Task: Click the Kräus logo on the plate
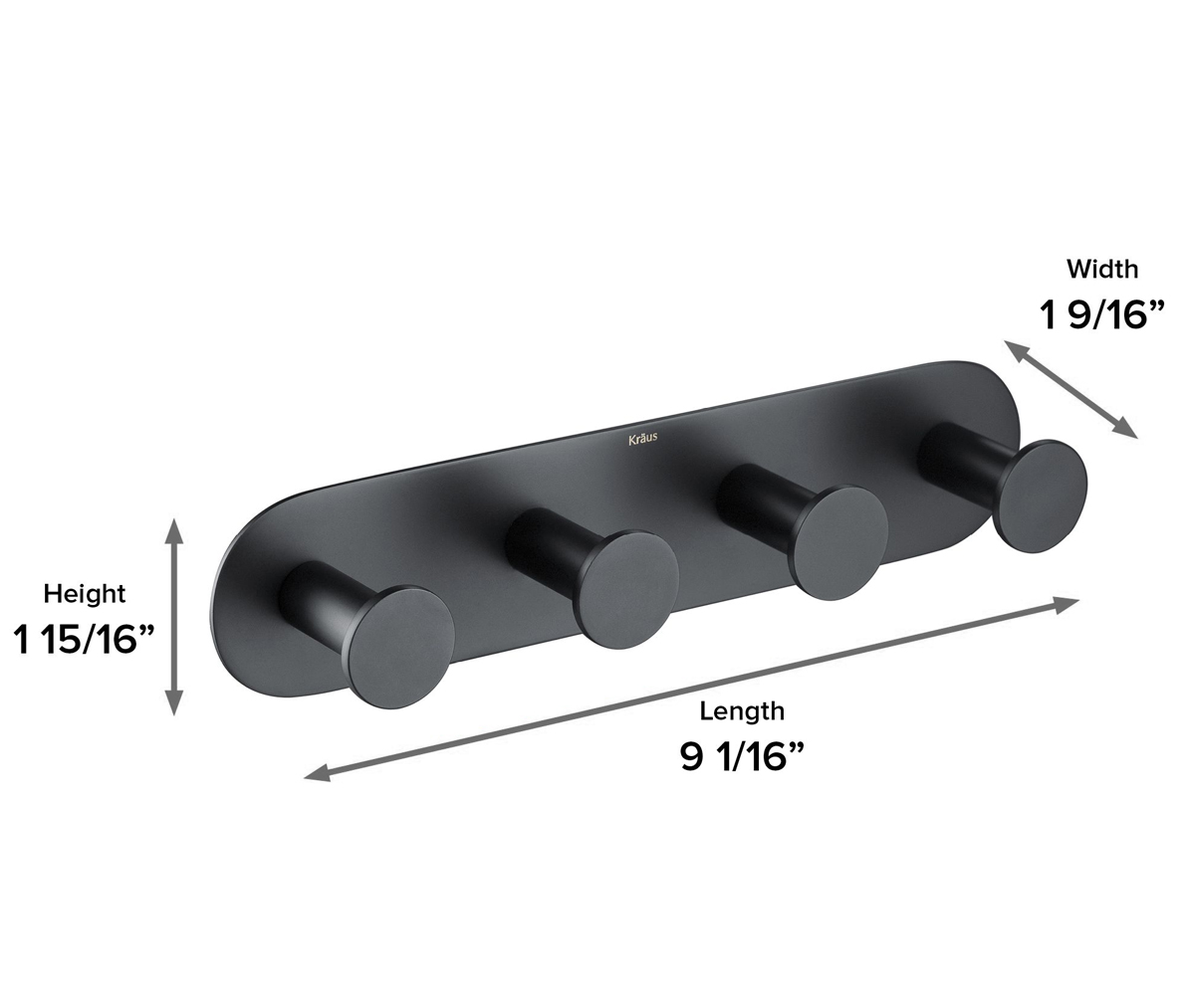click(642, 439)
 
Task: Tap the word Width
click(1102, 270)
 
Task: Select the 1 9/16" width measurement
click(1101, 315)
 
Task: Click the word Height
click(84, 594)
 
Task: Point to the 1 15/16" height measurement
click(84, 640)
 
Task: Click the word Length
click(742, 711)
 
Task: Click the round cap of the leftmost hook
click(402, 647)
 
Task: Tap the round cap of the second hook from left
click(626, 590)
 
